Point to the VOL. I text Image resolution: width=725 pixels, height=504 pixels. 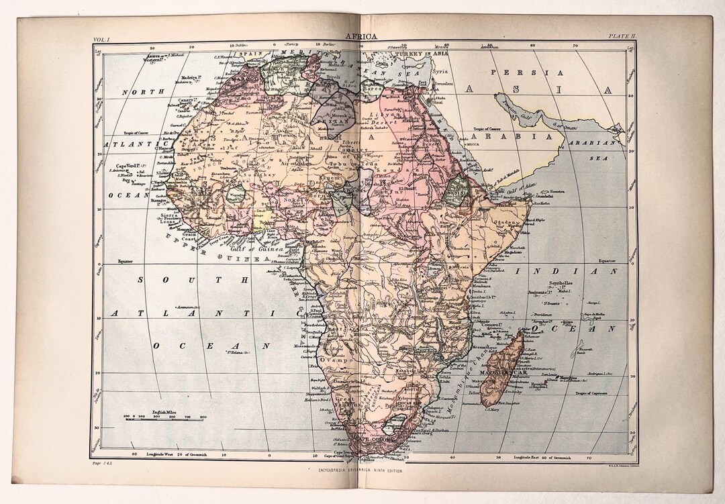coord(105,40)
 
